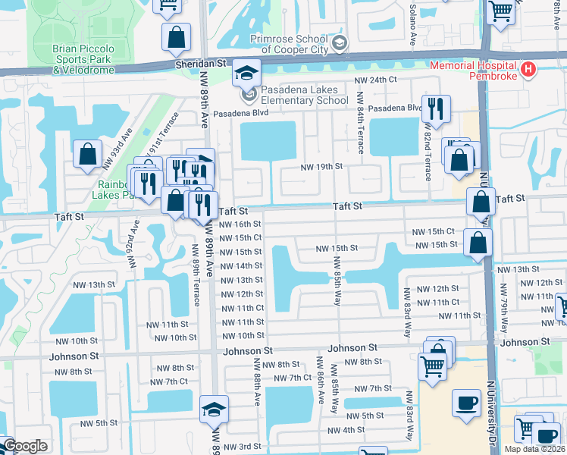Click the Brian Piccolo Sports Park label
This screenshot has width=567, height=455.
tap(83, 59)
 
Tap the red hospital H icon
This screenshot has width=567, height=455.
tap(529, 71)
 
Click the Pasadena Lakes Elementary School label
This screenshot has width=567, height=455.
tap(305, 95)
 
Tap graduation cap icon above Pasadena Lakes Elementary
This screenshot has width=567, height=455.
tap(246, 73)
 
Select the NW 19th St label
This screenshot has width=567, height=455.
tap(321, 167)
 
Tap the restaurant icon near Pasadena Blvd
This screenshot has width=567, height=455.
tap(436, 109)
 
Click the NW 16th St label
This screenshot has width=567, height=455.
tap(240, 224)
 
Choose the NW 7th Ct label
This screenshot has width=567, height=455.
tap(292, 378)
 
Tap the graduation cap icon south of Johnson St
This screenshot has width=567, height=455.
tap(215, 410)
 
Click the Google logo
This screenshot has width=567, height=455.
tap(24, 446)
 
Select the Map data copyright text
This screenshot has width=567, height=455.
tap(535, 449)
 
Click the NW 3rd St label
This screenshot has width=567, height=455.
tap(240, 447)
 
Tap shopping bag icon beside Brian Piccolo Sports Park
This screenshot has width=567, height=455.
tap(176, 36)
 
